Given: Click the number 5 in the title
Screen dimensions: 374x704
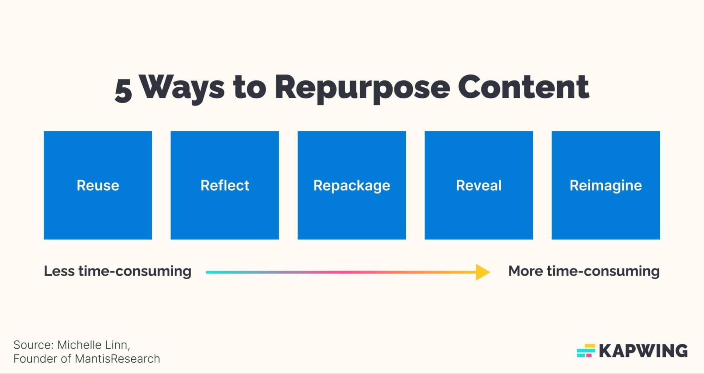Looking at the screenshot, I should [124, 90].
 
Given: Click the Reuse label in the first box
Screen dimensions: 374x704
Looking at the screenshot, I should [98, 185].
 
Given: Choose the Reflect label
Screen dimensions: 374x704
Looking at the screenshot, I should [225, 185].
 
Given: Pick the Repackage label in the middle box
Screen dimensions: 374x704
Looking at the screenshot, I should [351, 186].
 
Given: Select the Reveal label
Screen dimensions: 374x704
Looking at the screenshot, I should [479, 185].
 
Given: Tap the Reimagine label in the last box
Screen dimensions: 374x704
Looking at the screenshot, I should [605, 185].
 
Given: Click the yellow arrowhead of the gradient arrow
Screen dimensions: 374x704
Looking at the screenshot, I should [482, 272].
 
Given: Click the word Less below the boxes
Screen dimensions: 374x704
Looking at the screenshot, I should [59, 271].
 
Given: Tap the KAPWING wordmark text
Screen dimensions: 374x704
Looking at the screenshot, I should [643, 351].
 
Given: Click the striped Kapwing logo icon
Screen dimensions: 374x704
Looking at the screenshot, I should [586, 351].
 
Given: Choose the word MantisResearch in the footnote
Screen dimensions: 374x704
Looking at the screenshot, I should [117, 359].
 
